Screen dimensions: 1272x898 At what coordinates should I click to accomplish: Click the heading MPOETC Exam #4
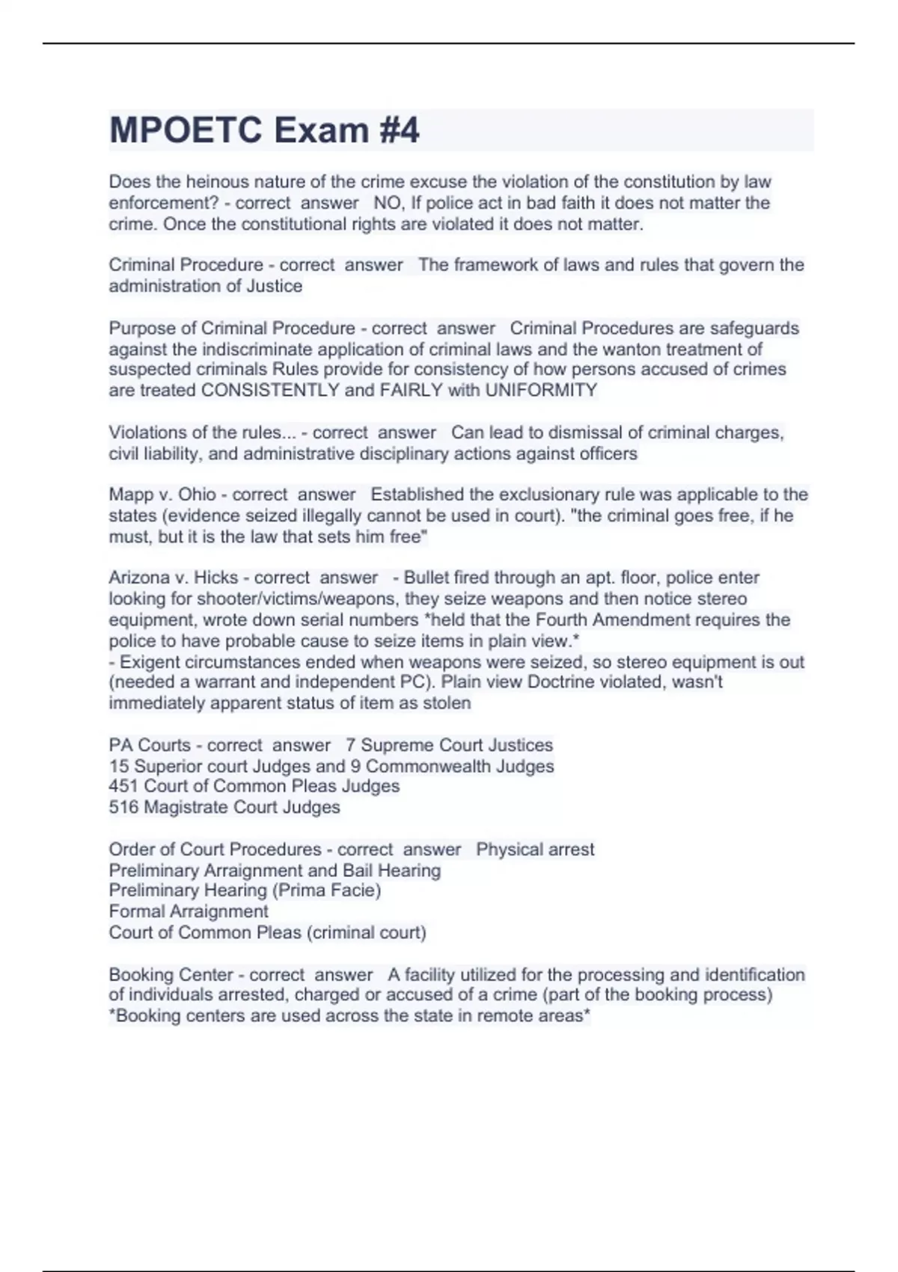(264, 130)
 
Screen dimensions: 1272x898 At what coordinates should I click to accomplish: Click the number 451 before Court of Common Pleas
(123, 786)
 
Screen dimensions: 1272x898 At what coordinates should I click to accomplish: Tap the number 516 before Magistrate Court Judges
(123, 807)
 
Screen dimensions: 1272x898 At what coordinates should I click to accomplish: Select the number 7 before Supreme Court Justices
(350, 745)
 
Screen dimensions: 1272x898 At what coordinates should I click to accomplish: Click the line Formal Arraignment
(188, 911)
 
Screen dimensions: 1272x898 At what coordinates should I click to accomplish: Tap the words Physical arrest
(535, 849)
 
